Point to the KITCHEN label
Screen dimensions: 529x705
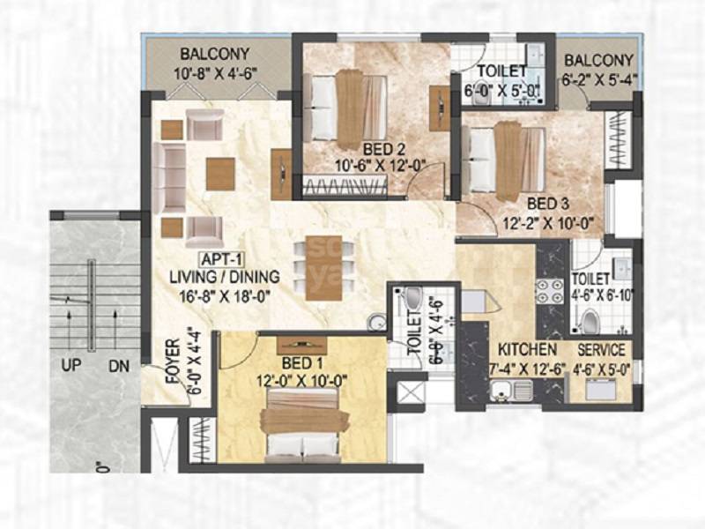click(x=527, y=349)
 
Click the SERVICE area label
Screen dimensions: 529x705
click(x=601, y=349)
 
